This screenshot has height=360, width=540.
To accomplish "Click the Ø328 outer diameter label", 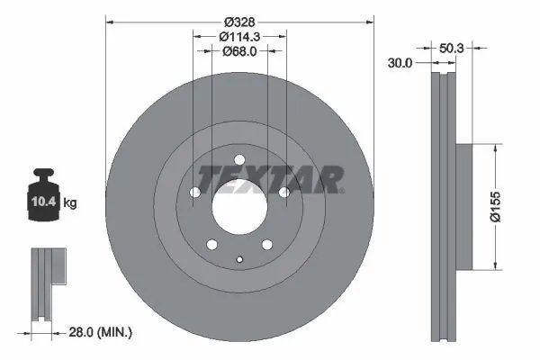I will tap(238, 21).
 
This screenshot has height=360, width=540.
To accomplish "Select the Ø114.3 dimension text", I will tap(239, 37).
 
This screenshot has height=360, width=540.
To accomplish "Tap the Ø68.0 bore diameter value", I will tap(239, 52).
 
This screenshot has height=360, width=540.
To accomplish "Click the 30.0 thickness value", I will tap(400, 63).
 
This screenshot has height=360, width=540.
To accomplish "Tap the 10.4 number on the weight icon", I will tap(45, 202).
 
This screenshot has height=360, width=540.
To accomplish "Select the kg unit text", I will tap(69, 203).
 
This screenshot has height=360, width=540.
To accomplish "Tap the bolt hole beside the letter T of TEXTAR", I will tap(195, 192).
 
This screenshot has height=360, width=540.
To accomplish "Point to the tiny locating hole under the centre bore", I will tap(239, 260).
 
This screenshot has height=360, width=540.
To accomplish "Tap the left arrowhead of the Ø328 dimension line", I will tap(109, 21).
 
